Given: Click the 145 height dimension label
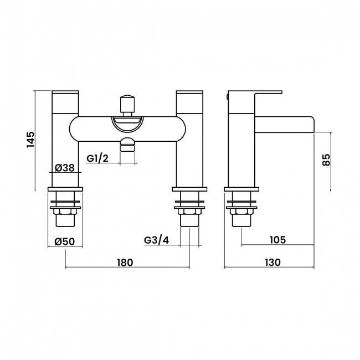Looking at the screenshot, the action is click(30, 140).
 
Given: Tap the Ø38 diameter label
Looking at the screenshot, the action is click(65, 168).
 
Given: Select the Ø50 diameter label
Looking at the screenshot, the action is click(65, 241).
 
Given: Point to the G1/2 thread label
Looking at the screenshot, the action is click(97, 158).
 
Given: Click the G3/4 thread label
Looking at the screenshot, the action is click(157, 240).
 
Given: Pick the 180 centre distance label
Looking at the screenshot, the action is click(125, 263).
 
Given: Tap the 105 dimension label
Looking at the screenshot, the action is click(278, 240).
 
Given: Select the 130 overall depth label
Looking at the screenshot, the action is click(272, 263).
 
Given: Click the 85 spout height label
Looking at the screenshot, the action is click(326, 160).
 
